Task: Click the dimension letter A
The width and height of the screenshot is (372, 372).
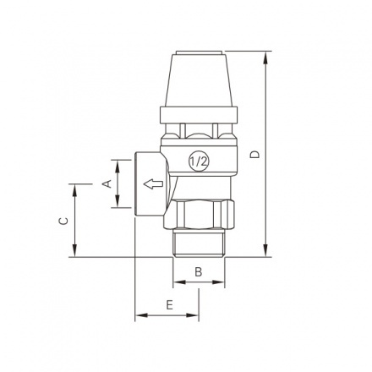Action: click(107, 183)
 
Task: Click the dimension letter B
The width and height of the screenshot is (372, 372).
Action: click(199, 271)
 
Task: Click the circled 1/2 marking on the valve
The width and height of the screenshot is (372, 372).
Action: click(200, 161)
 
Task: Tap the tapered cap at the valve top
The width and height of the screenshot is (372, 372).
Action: click(200, 77)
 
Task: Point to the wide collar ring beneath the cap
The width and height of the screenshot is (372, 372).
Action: click(200, 113)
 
